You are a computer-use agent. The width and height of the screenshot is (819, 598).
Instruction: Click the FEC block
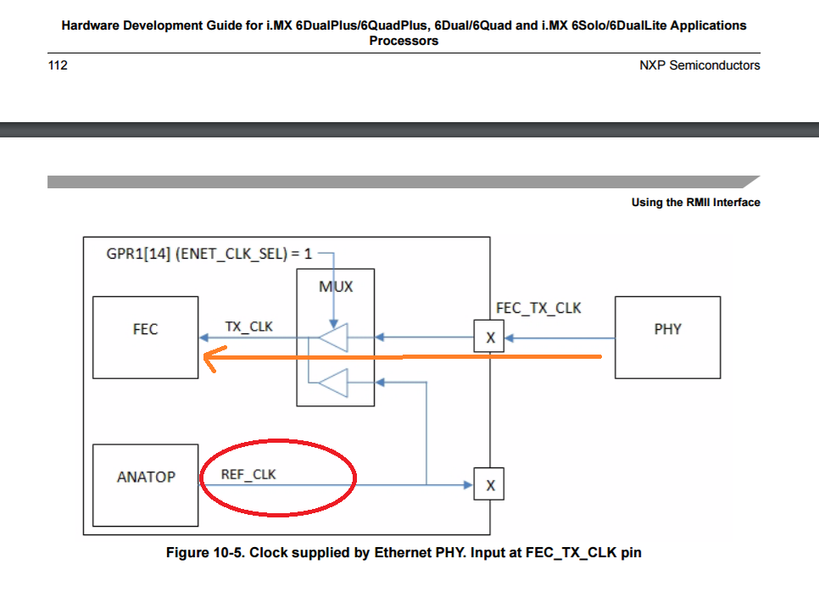tap(145, 337)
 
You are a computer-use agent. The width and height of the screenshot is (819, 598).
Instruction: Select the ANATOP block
tap(145, 484)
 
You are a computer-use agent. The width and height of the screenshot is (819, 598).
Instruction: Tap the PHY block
tap(667, 337)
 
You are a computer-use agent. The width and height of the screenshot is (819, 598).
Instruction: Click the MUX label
tap(336, 287)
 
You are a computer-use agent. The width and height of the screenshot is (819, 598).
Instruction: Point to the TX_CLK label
tap(249, 326)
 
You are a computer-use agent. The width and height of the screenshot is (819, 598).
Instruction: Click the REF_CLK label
tap(248, 474)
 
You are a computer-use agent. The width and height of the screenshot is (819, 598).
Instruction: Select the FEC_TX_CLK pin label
tap(538, 307)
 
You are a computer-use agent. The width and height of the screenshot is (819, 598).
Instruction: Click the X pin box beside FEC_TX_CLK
tap(489, 338)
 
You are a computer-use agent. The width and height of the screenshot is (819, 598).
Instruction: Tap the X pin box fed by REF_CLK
tap(489, 485)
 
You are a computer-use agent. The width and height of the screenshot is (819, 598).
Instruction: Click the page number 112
tap(58, 65)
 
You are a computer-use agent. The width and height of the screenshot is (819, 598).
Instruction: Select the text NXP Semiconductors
tap(699, 65)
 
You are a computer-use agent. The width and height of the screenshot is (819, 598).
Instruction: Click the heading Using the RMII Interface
tap(695, 202)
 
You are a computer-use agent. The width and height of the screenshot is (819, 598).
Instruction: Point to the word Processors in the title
tap(404, 41)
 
